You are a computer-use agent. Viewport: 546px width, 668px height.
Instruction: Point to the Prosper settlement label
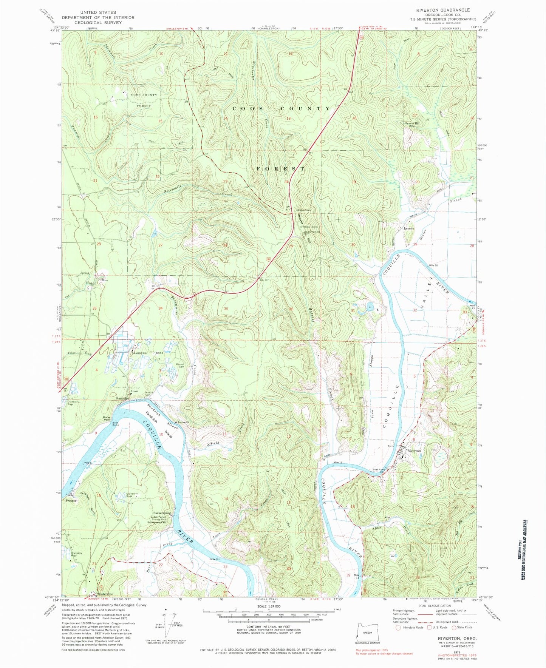[71, 501]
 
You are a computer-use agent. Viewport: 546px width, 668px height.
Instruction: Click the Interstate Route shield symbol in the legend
[398, 628]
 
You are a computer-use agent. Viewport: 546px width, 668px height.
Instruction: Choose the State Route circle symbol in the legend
[454, 628]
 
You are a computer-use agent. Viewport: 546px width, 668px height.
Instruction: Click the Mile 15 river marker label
[338, 463]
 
